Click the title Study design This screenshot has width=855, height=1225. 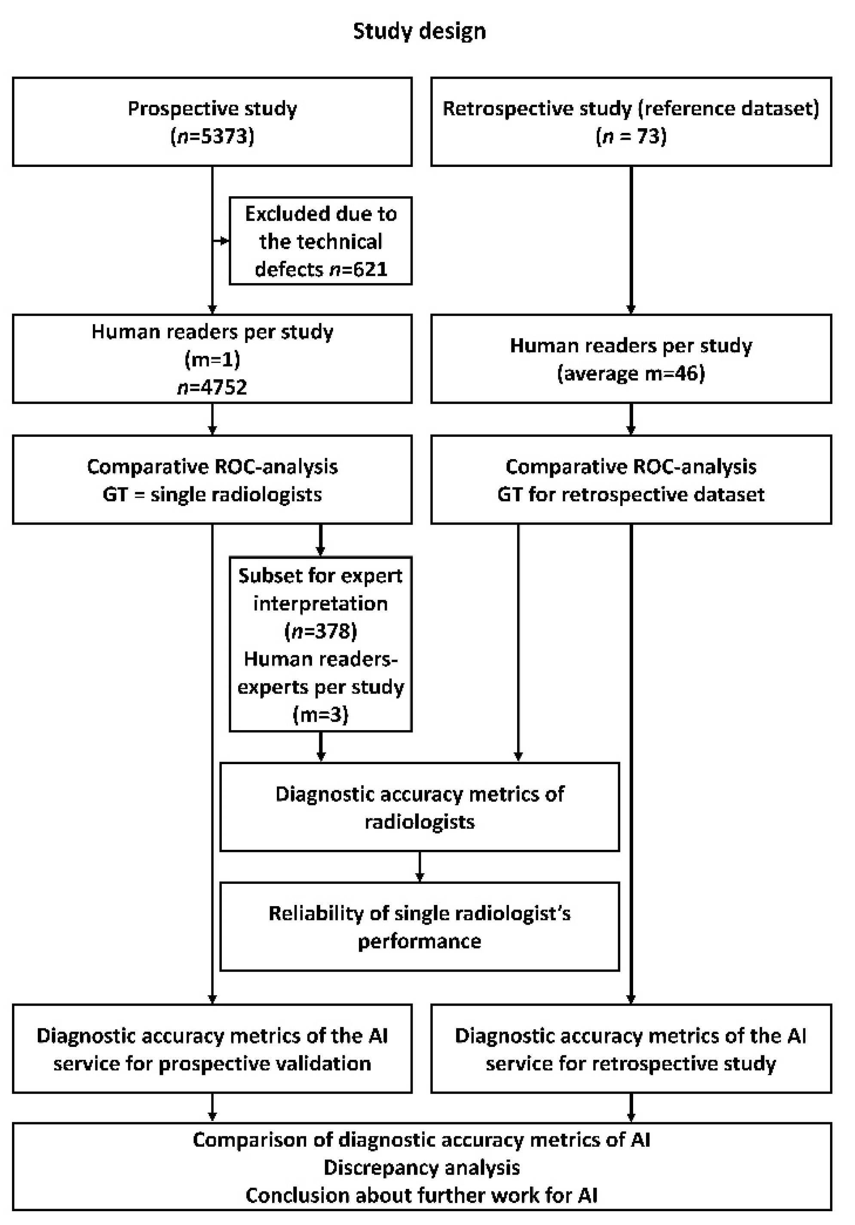(420, 31)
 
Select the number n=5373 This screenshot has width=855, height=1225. (212, 136)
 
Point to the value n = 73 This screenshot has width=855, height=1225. (631, 136)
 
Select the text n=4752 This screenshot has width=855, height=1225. (212, 387)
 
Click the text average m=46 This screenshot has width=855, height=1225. (631, 373)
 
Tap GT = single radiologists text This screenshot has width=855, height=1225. (212, 494)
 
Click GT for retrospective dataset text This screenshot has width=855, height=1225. (631, 494)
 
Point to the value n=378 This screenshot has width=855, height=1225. (320, 631)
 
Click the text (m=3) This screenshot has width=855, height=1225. (320, 714)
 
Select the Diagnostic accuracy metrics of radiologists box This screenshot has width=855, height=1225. (420, 807)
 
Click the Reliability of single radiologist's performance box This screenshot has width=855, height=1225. (420, 927)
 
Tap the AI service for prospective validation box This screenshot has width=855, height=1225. (212, 1049)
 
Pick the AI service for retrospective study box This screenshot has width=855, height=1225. (631, 1049)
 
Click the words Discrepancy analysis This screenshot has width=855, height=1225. (421, 1167)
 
